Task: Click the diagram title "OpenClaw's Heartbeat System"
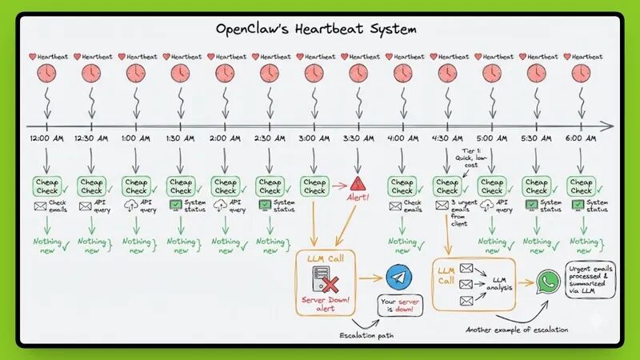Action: tap(316, 29)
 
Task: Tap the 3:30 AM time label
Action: tap(358, 138)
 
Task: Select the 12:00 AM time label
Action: tap(46, 138)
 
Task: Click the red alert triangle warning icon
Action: tap(358, 183)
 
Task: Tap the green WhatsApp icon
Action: tap(548, 281)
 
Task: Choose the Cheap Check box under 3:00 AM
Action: tap(314, 186)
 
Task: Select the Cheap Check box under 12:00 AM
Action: tap(46, 186)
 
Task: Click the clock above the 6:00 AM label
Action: tap(581, 73)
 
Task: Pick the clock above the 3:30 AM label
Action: tap(358, 73)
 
